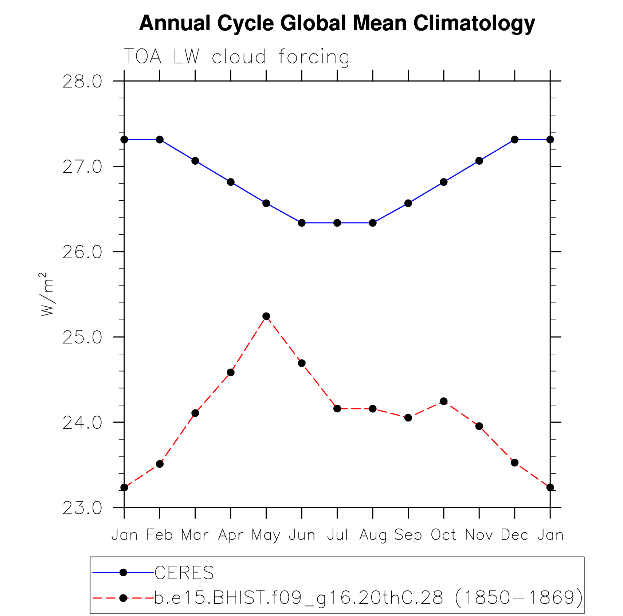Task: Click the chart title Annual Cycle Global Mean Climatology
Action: (337, 23)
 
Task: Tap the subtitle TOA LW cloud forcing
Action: (237, 57)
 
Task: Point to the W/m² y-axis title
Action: (47, 294)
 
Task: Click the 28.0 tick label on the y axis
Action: (82, 82)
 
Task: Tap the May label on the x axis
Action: (266, 535)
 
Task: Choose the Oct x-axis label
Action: (443, 535)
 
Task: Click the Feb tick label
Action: (160, 535)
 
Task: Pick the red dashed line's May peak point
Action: (266, 316)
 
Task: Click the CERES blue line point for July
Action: (337, 223)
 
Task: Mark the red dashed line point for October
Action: (444, 401)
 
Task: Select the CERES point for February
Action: (160, 140)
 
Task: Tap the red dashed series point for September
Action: (408, 418)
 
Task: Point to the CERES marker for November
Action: (479, 161)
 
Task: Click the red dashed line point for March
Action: (195, 413)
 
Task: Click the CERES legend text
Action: (184, 573)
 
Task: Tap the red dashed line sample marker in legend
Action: (123, 598)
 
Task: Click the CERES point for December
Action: (514, 140)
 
